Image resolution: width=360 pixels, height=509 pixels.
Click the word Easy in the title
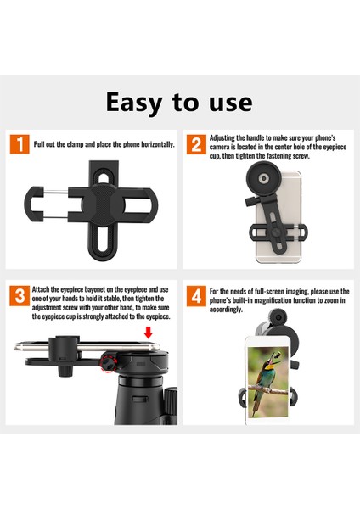pyautogui.click(x=134, y=103)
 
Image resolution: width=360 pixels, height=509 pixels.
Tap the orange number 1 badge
pyautogui.click(x=20, y=144)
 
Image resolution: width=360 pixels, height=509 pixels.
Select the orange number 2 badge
pyautogui.click(x=196, y=144)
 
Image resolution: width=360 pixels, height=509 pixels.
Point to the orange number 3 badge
pyautogui.click(x=20, y=296)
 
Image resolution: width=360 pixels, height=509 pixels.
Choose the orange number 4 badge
pyautogui.click(x=196, y=296)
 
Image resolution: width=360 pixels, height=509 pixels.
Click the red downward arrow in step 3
pyautogui.click(x=148, y=333)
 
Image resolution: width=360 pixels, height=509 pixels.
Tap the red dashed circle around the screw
pyautogui.click(x=108, y=362)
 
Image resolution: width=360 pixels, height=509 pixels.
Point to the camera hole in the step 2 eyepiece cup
pyautogui.click(x=263, y=178)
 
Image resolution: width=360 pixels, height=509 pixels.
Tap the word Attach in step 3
pyautogui.click(x=40, y=289)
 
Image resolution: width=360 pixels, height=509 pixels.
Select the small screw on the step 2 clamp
pyautogui.click(x=276, y=232)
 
